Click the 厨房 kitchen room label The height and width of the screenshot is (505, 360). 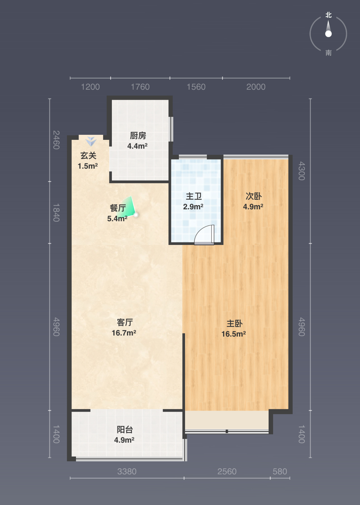tap(138, 136)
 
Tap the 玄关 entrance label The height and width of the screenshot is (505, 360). tap(88, 156)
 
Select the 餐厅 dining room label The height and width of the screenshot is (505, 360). tap(118, 208)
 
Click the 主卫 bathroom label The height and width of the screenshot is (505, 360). tap(194, 196)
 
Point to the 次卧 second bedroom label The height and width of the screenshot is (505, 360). tap(253, 196)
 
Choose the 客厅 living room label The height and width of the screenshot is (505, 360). tap(125, 322)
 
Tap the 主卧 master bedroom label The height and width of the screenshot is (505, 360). tap(234, 323)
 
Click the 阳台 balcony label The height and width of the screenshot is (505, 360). tap(125, 429)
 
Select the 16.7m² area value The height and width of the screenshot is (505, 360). tap(124, 333)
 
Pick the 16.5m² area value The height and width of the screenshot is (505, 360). tap(234, 334)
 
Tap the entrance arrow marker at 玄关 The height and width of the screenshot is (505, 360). tap(91, 141)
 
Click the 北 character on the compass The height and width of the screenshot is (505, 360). tap(329, 15)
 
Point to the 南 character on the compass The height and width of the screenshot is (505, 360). tap(329, 53)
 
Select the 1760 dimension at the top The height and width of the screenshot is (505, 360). tap(140, 87)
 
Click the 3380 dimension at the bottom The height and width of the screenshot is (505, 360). tap(127, 471)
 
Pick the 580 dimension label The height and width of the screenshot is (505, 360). tap(280, 471)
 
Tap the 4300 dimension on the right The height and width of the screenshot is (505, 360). tap(301, 171)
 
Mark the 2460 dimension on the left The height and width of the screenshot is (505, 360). tap(56, 140)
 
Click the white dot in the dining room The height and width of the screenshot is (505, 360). tap(136, 215)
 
